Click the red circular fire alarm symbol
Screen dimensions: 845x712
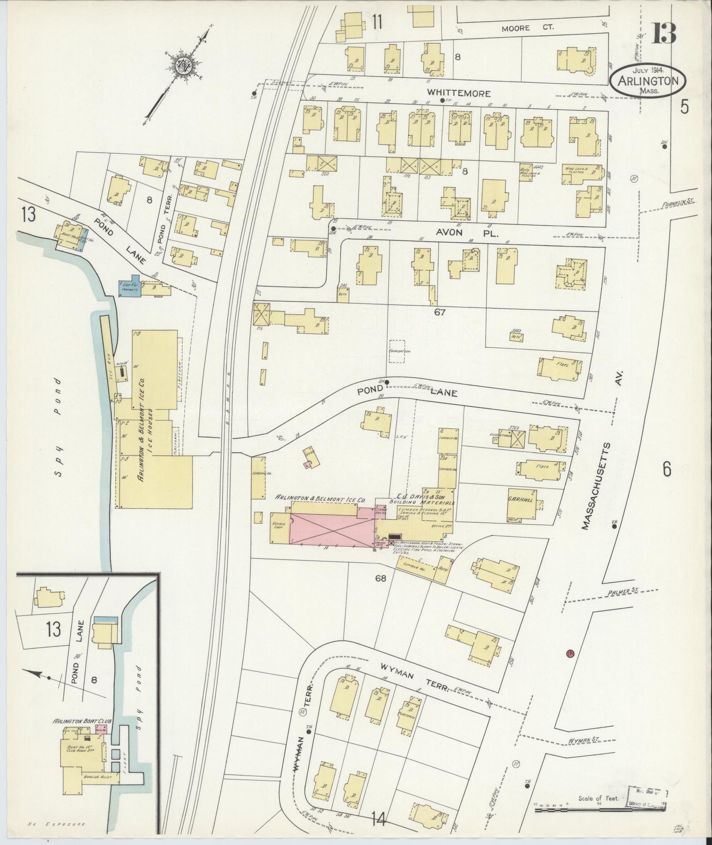pos(570,653)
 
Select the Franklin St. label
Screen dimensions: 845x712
pos(678,201)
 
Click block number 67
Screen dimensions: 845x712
pos(439,312)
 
